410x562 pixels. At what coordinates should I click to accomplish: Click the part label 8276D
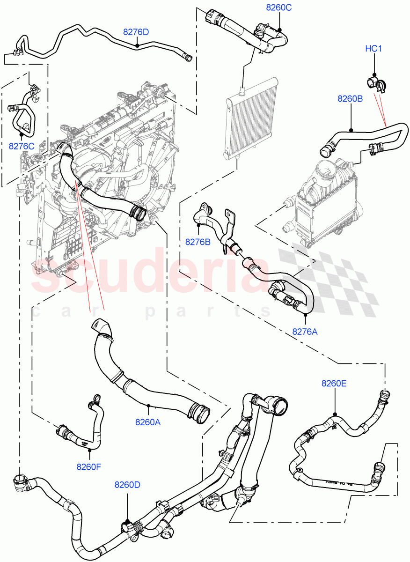point(136,32)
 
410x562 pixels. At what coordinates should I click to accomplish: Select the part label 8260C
point(278,7)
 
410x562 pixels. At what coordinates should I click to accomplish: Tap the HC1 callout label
point(374,49)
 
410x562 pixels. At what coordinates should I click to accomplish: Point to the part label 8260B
point(351,99)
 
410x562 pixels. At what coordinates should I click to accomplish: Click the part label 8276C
point(22,146)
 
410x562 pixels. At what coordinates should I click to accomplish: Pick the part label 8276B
point(198,242)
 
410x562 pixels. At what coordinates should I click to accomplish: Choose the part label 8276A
point(305,332)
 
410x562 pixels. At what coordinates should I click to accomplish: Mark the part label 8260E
point(334,383)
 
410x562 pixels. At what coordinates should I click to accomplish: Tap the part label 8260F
point(89,466)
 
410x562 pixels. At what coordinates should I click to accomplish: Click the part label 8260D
point(127,485)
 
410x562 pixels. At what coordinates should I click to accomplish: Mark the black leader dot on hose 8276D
point(136,45)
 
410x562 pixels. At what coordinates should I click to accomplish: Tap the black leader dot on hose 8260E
point(335,414)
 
